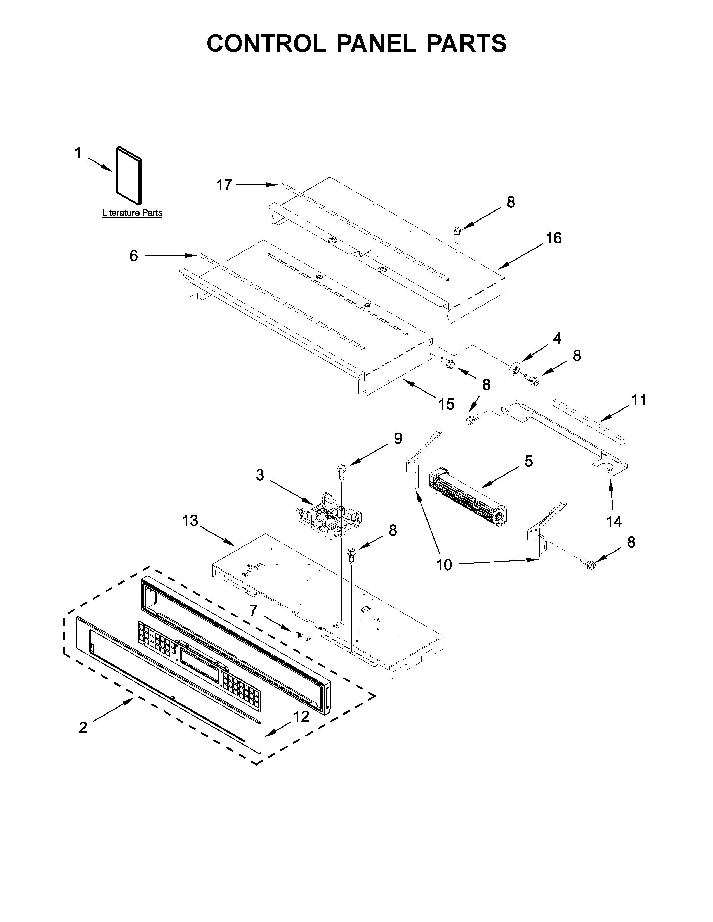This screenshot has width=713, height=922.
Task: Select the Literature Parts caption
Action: [x=132, y=213]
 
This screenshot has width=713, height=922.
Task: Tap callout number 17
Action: [x=224, y=185]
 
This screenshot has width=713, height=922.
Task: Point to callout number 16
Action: [x=553, y=238]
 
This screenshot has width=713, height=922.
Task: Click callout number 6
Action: [x=133, y=256]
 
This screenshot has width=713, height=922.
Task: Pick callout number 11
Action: [x=638, y=400]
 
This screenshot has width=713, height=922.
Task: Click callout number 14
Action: [x=614, y=522]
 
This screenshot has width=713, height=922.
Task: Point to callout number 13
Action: [x=190, y=521]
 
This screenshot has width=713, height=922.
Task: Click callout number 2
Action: [x=83, y=727]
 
